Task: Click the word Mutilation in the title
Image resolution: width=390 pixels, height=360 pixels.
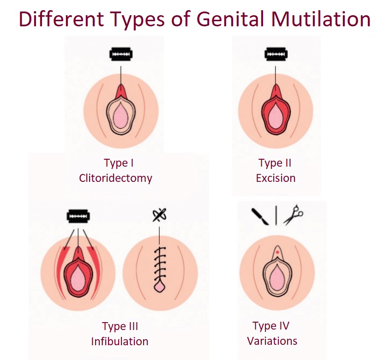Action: pyautogui.click(x=321, y=19)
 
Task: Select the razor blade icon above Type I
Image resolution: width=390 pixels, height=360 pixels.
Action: pyautogui.click(x=121, y=54)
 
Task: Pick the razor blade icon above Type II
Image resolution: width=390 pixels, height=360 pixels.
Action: pyautogui.click(x=276, y=54)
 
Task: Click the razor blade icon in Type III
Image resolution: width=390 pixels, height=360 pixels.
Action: pyautogui.click(x=78, y=216)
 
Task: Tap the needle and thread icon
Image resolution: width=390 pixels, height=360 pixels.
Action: pyautogui.click(x=159, y=215)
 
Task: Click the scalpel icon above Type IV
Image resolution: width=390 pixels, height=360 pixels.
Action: pyautogui.click(x=260, y=216)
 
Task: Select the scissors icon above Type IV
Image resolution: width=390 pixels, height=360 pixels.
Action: pyautogui.click(x=293, y=215)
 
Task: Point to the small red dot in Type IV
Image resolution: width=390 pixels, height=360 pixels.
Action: pyautogui.click(x=277, y=252)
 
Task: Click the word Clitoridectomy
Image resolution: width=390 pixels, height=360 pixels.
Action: pyautogui.click(x=115, y=178)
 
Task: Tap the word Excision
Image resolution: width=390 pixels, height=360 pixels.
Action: pyautogui.click(x=276, y=178)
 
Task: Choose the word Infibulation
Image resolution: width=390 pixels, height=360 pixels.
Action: pyautogui.click(x=120, y=342)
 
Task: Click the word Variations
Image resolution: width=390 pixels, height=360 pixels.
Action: pyautogui.click(x=272, y=341)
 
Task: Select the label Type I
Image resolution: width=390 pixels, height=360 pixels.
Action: pyautogui.click(x=119, y=163)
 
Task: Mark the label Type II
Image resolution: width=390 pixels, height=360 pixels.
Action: pyautogui.click(x=275, y=163)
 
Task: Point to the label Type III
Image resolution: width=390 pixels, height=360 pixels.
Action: pyautogui.click(x=120, y=326)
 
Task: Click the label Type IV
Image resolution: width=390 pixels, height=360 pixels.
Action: pyautogui.click(x=271, y=326)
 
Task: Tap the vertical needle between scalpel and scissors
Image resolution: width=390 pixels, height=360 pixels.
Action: pyautogui.click(x=276, y=216)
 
